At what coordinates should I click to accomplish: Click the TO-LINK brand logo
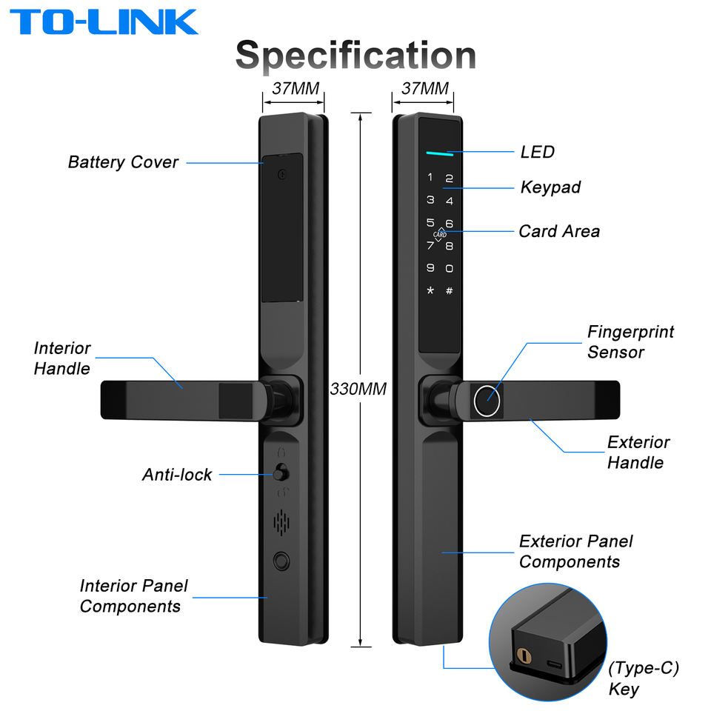click(x=104, y=21)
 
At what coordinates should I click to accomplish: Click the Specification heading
click(x=356, y=56)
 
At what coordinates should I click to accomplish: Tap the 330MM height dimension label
click(x=358, y=389)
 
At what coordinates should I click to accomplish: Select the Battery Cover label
click(x=123, y=162)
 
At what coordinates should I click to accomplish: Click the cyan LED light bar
click(x=439, y=154)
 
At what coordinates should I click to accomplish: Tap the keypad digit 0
click(x=449, y=268)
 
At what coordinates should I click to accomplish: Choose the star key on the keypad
click(x=430, y=290)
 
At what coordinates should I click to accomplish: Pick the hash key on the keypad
click(x=449, y=290)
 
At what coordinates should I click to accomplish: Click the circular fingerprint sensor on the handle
click(x=487, y=401)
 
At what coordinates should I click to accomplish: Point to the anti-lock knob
click(x=281, y=473)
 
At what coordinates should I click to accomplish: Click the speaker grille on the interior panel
click(x=281, y=522)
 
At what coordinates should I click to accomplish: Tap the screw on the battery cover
click(x=282, y=174)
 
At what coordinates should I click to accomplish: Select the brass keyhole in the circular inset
click(x=524, y=655)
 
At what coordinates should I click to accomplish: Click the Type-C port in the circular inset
click(x=554, y=665)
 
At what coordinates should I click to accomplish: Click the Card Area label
click(x=559, y=231)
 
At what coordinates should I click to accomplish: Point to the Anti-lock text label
click(x=177, y=475)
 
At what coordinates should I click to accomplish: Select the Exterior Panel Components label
click(x=576, y=551)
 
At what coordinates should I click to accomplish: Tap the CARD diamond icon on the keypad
click(x=439, y=234)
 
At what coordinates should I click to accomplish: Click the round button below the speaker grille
click(x=281, y=561)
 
